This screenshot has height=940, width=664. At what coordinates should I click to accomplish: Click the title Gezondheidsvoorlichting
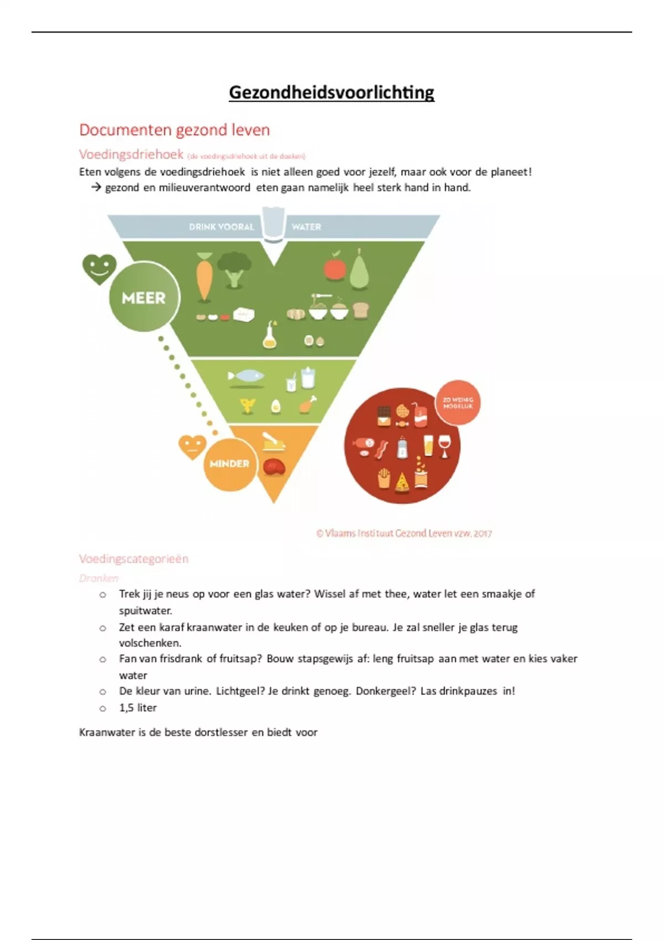point(331,92)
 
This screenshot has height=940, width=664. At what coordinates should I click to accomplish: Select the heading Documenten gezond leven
point(174,130)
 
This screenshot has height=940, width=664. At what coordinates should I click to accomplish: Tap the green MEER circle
point(144,298)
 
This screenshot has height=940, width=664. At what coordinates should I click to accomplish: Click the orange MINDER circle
point(230,463)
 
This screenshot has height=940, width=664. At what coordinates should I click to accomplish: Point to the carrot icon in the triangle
point(204,276)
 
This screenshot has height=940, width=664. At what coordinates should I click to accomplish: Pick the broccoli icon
point(234,269)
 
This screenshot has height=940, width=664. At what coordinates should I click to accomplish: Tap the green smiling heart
point(100,268)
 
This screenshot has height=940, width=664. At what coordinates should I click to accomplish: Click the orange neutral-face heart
point(192,446)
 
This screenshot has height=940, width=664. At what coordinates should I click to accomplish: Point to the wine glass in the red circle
point(444,446)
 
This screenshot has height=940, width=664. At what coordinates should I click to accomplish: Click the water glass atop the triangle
point(273,224)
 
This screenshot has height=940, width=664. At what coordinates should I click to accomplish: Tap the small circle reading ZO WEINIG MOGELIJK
point(458,403)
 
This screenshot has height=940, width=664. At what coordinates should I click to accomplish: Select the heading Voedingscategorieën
point(134,559)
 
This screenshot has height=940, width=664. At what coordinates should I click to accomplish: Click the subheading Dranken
point(98,578)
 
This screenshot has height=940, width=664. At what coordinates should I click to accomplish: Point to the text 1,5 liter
point(138,708)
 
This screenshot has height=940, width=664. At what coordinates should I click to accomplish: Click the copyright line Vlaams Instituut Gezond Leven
point(404,534)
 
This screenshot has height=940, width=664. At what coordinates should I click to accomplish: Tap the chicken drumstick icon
point(307,405)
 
